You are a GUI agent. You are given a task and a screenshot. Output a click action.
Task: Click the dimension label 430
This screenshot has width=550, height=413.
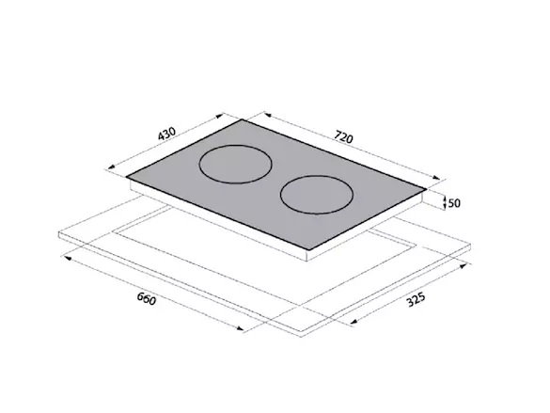(166, 134)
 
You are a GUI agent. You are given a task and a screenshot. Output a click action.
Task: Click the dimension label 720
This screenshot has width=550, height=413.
(343, 136)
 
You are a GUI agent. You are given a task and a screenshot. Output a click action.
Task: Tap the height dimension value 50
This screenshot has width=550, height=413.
(454, 203)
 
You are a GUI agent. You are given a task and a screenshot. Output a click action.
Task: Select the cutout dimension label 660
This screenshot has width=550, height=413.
(146, 298)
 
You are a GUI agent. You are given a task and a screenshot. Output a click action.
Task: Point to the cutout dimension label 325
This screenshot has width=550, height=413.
(416, 299)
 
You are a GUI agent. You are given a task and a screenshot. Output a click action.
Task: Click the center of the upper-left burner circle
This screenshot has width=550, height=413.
(235, 165)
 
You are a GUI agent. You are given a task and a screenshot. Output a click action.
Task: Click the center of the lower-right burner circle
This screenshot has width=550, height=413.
(317, 195)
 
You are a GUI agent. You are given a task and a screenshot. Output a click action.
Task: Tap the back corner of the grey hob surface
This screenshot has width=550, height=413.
(242, 119)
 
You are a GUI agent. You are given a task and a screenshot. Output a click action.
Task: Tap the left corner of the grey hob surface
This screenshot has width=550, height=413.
(127, 177)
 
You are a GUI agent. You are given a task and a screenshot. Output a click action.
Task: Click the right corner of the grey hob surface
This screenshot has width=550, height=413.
(427, 189)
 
